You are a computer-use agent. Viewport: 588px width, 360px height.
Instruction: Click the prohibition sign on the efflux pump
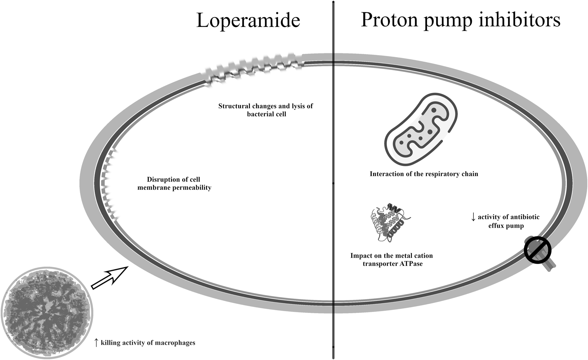click(x=538, y=251)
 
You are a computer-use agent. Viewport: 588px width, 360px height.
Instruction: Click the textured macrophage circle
click(x=46, y=313)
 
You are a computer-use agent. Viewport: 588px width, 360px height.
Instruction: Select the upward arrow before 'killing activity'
click(x=96, y=342)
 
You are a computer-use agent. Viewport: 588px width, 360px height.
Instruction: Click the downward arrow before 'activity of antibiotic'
click(x=473, y=217)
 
